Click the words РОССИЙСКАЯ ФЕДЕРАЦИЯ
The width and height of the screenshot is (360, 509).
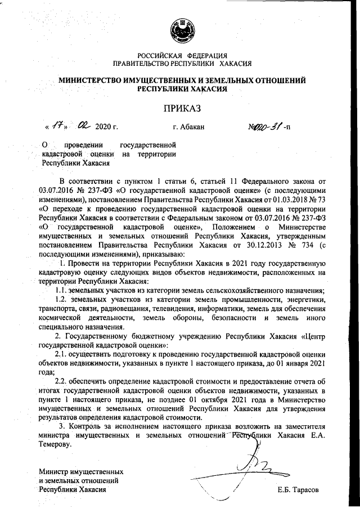tap(181, 55)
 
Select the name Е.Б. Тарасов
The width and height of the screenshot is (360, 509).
tap(298, 490)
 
